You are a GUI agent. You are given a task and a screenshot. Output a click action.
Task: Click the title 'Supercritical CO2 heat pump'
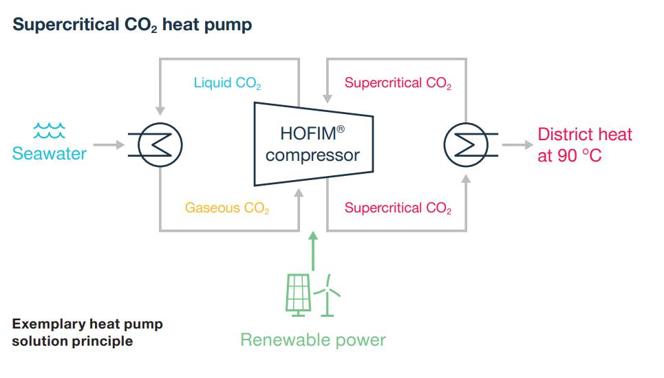click(132, 25)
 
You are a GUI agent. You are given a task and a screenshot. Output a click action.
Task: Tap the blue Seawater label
click(50, 153)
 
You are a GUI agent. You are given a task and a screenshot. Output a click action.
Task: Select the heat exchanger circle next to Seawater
click(160, 145)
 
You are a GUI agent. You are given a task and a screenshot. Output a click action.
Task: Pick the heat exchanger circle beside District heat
click(466, 145)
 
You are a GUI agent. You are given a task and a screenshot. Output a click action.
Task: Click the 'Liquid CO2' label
click(227, 84)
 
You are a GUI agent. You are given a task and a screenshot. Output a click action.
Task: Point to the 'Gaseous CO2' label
click(226, 208)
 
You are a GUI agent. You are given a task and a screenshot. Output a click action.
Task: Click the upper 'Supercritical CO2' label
click(398, 84)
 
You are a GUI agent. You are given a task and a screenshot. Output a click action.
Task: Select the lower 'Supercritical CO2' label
click(398, 208)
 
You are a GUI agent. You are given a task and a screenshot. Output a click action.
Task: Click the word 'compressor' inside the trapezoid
click(312, 155)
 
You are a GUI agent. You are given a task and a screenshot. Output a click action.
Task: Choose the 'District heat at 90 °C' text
click(584, 145)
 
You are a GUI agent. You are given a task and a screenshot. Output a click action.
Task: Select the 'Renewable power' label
click(313, 340)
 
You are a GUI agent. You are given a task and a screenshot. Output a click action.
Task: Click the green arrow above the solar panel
click(313, 251)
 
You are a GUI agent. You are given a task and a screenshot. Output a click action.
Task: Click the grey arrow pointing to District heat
click(517, 145)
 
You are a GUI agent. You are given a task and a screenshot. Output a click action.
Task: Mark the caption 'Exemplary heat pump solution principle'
click(87, 332)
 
